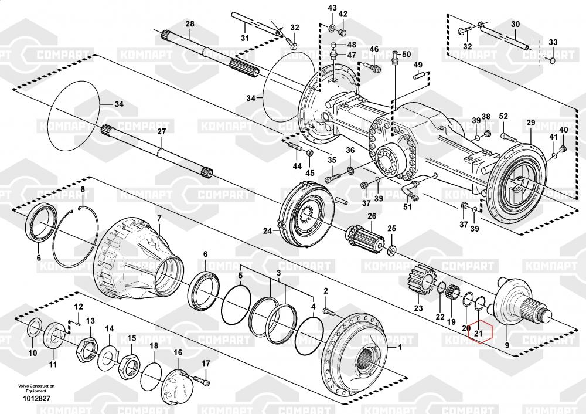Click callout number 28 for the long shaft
coord(189,24)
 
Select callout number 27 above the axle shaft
coord(162,132)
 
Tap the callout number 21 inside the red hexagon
coord(478,334)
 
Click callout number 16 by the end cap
coord(178,352)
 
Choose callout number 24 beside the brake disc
coord(267,231)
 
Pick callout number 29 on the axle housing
coord(531,122)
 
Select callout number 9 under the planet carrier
coord(507,337)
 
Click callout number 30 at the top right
coord(515,24)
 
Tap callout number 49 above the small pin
coord(418,65)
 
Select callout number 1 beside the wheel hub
coord(400,347)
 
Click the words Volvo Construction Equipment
coord(36,388)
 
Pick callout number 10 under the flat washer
coord(33,353)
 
